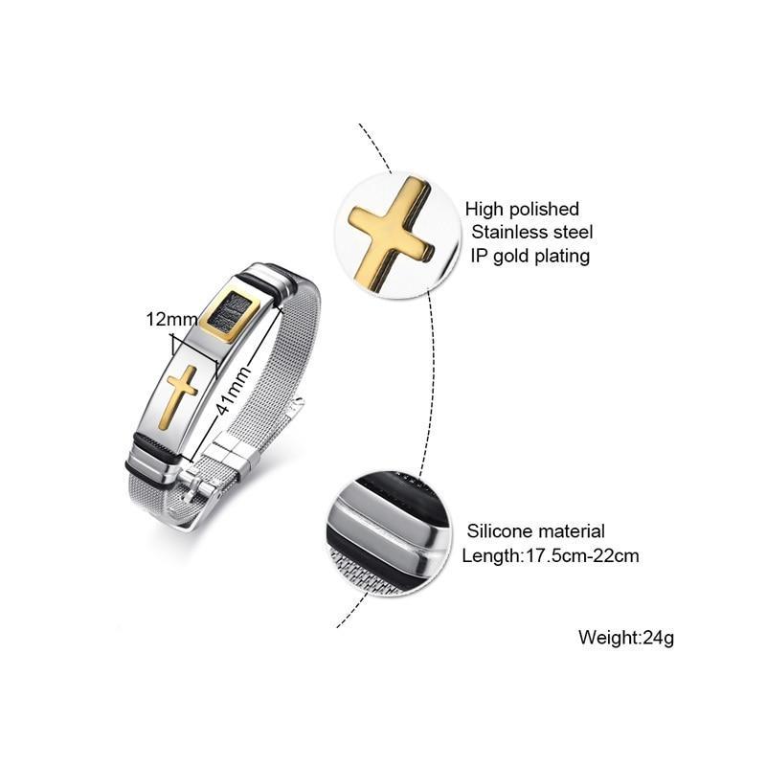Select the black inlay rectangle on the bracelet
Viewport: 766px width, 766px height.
230,313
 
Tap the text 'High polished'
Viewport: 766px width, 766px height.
522,209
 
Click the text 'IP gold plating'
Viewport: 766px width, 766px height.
529,256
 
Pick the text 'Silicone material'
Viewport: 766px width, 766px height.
536,530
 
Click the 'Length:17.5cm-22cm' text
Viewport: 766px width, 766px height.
551,555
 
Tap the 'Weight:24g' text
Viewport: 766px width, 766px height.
626,637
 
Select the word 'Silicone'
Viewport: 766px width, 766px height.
498,530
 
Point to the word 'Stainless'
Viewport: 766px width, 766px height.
507,233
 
